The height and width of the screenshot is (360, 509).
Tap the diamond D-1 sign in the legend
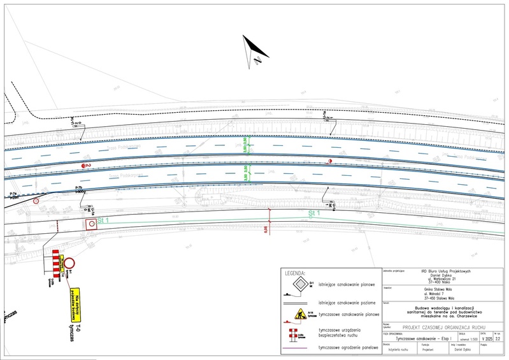click(298, 285)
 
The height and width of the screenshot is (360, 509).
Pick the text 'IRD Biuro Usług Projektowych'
click(444, 270)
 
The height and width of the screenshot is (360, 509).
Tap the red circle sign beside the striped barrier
click(69, 263)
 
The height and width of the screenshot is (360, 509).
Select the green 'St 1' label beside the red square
click(104, 220)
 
